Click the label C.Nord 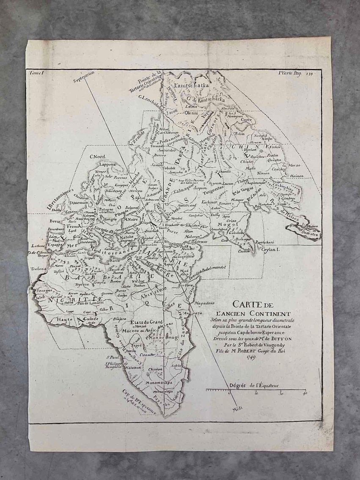coord(97,157)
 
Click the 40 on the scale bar coord(304,394)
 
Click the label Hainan coord(297,174)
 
